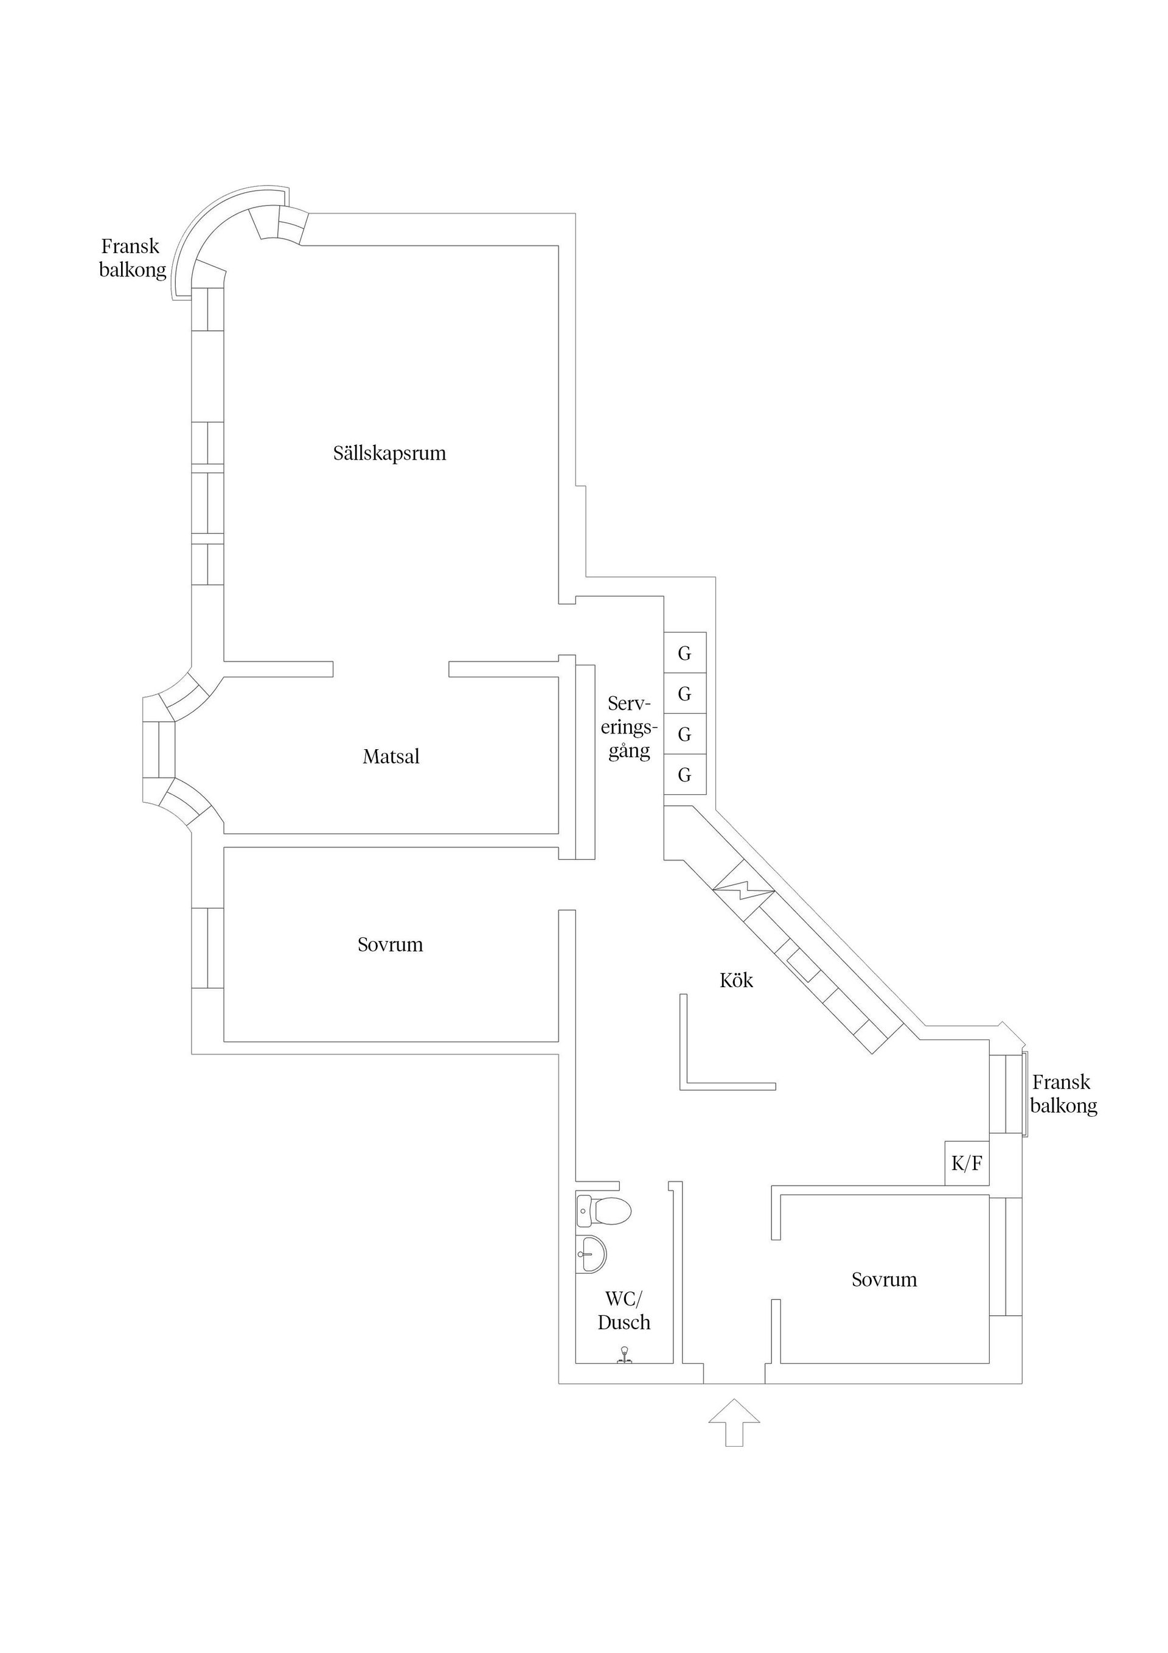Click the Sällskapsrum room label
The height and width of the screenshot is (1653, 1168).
(389, 453)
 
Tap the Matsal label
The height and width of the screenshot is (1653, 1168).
(391, 757)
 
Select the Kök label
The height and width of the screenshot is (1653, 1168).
(736, 980)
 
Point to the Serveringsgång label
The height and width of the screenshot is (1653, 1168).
(629, 727)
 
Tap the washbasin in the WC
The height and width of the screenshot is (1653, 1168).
(591, 1254)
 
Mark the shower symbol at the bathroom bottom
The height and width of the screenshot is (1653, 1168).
(624, 1354)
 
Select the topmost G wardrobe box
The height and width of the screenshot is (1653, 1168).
(684, 653)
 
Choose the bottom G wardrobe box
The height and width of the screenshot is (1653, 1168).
(684, 775)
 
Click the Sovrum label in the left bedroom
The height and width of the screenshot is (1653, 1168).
(390, 945)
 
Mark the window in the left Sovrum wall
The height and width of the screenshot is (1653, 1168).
(207, 948)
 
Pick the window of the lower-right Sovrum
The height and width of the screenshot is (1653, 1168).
(1006, 1256)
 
